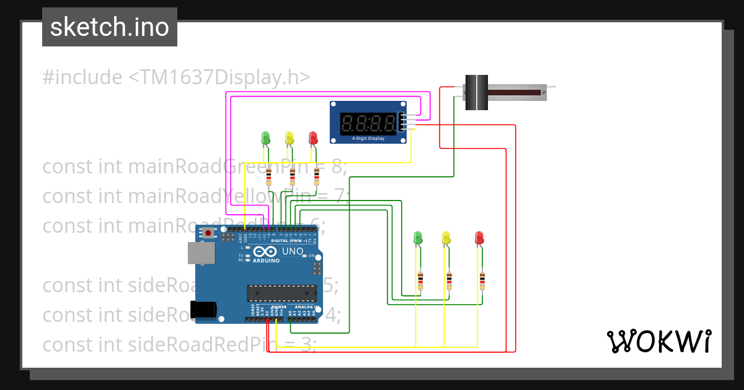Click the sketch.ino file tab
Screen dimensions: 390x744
tap(110, 27)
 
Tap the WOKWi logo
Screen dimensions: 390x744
tap(658, 341)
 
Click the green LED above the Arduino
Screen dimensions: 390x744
tap(266, 137)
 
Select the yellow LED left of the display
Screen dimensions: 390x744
tap(289, 137)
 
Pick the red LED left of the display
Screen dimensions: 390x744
tap(313, 137)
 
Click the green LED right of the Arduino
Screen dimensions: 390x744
tap(418, 238)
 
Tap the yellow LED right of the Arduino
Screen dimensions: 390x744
tap(446, 238)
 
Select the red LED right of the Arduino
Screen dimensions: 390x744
tap(479, 238)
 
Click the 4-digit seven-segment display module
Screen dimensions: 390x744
tap(368, 123)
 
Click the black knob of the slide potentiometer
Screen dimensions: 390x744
tap(476, 92)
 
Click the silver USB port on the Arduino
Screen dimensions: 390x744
tap(201, 253)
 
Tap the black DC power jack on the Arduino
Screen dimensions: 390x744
tap(205, 309)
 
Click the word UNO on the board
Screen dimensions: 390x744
tap(293, 252)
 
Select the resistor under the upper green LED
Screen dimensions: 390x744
tap(268, 178)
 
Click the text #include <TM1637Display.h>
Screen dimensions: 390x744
tap(176, 77)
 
